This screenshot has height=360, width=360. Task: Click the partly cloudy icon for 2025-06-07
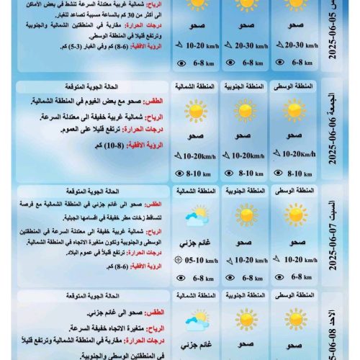click(x=196, y=215)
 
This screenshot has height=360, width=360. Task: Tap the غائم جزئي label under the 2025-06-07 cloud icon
click(x=196, y=242)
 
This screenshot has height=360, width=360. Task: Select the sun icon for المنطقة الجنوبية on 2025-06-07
click(x=246, y=215)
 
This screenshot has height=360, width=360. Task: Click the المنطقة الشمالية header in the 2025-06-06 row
click(x=196, y=86)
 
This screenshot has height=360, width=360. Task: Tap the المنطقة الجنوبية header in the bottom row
click(x=246, y=295)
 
